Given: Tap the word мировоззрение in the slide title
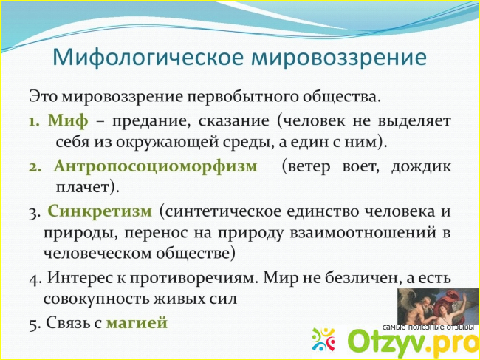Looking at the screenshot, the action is (339, 58).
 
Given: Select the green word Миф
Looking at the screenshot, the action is (68, 120).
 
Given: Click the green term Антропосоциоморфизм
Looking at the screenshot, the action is (156, 166).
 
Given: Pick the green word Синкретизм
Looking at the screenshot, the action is (100, 211).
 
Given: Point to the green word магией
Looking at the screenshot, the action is (137, 322).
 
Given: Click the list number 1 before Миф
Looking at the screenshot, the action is (34, 121).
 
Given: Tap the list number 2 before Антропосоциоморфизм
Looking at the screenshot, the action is (34, 167).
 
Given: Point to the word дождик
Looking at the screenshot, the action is (421, 167).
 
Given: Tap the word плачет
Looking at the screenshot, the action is (85, 187).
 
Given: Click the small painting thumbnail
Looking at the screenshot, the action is (438, 306).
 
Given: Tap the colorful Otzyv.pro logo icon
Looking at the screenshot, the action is (323, 339).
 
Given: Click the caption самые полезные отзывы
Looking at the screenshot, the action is (428, 327).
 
